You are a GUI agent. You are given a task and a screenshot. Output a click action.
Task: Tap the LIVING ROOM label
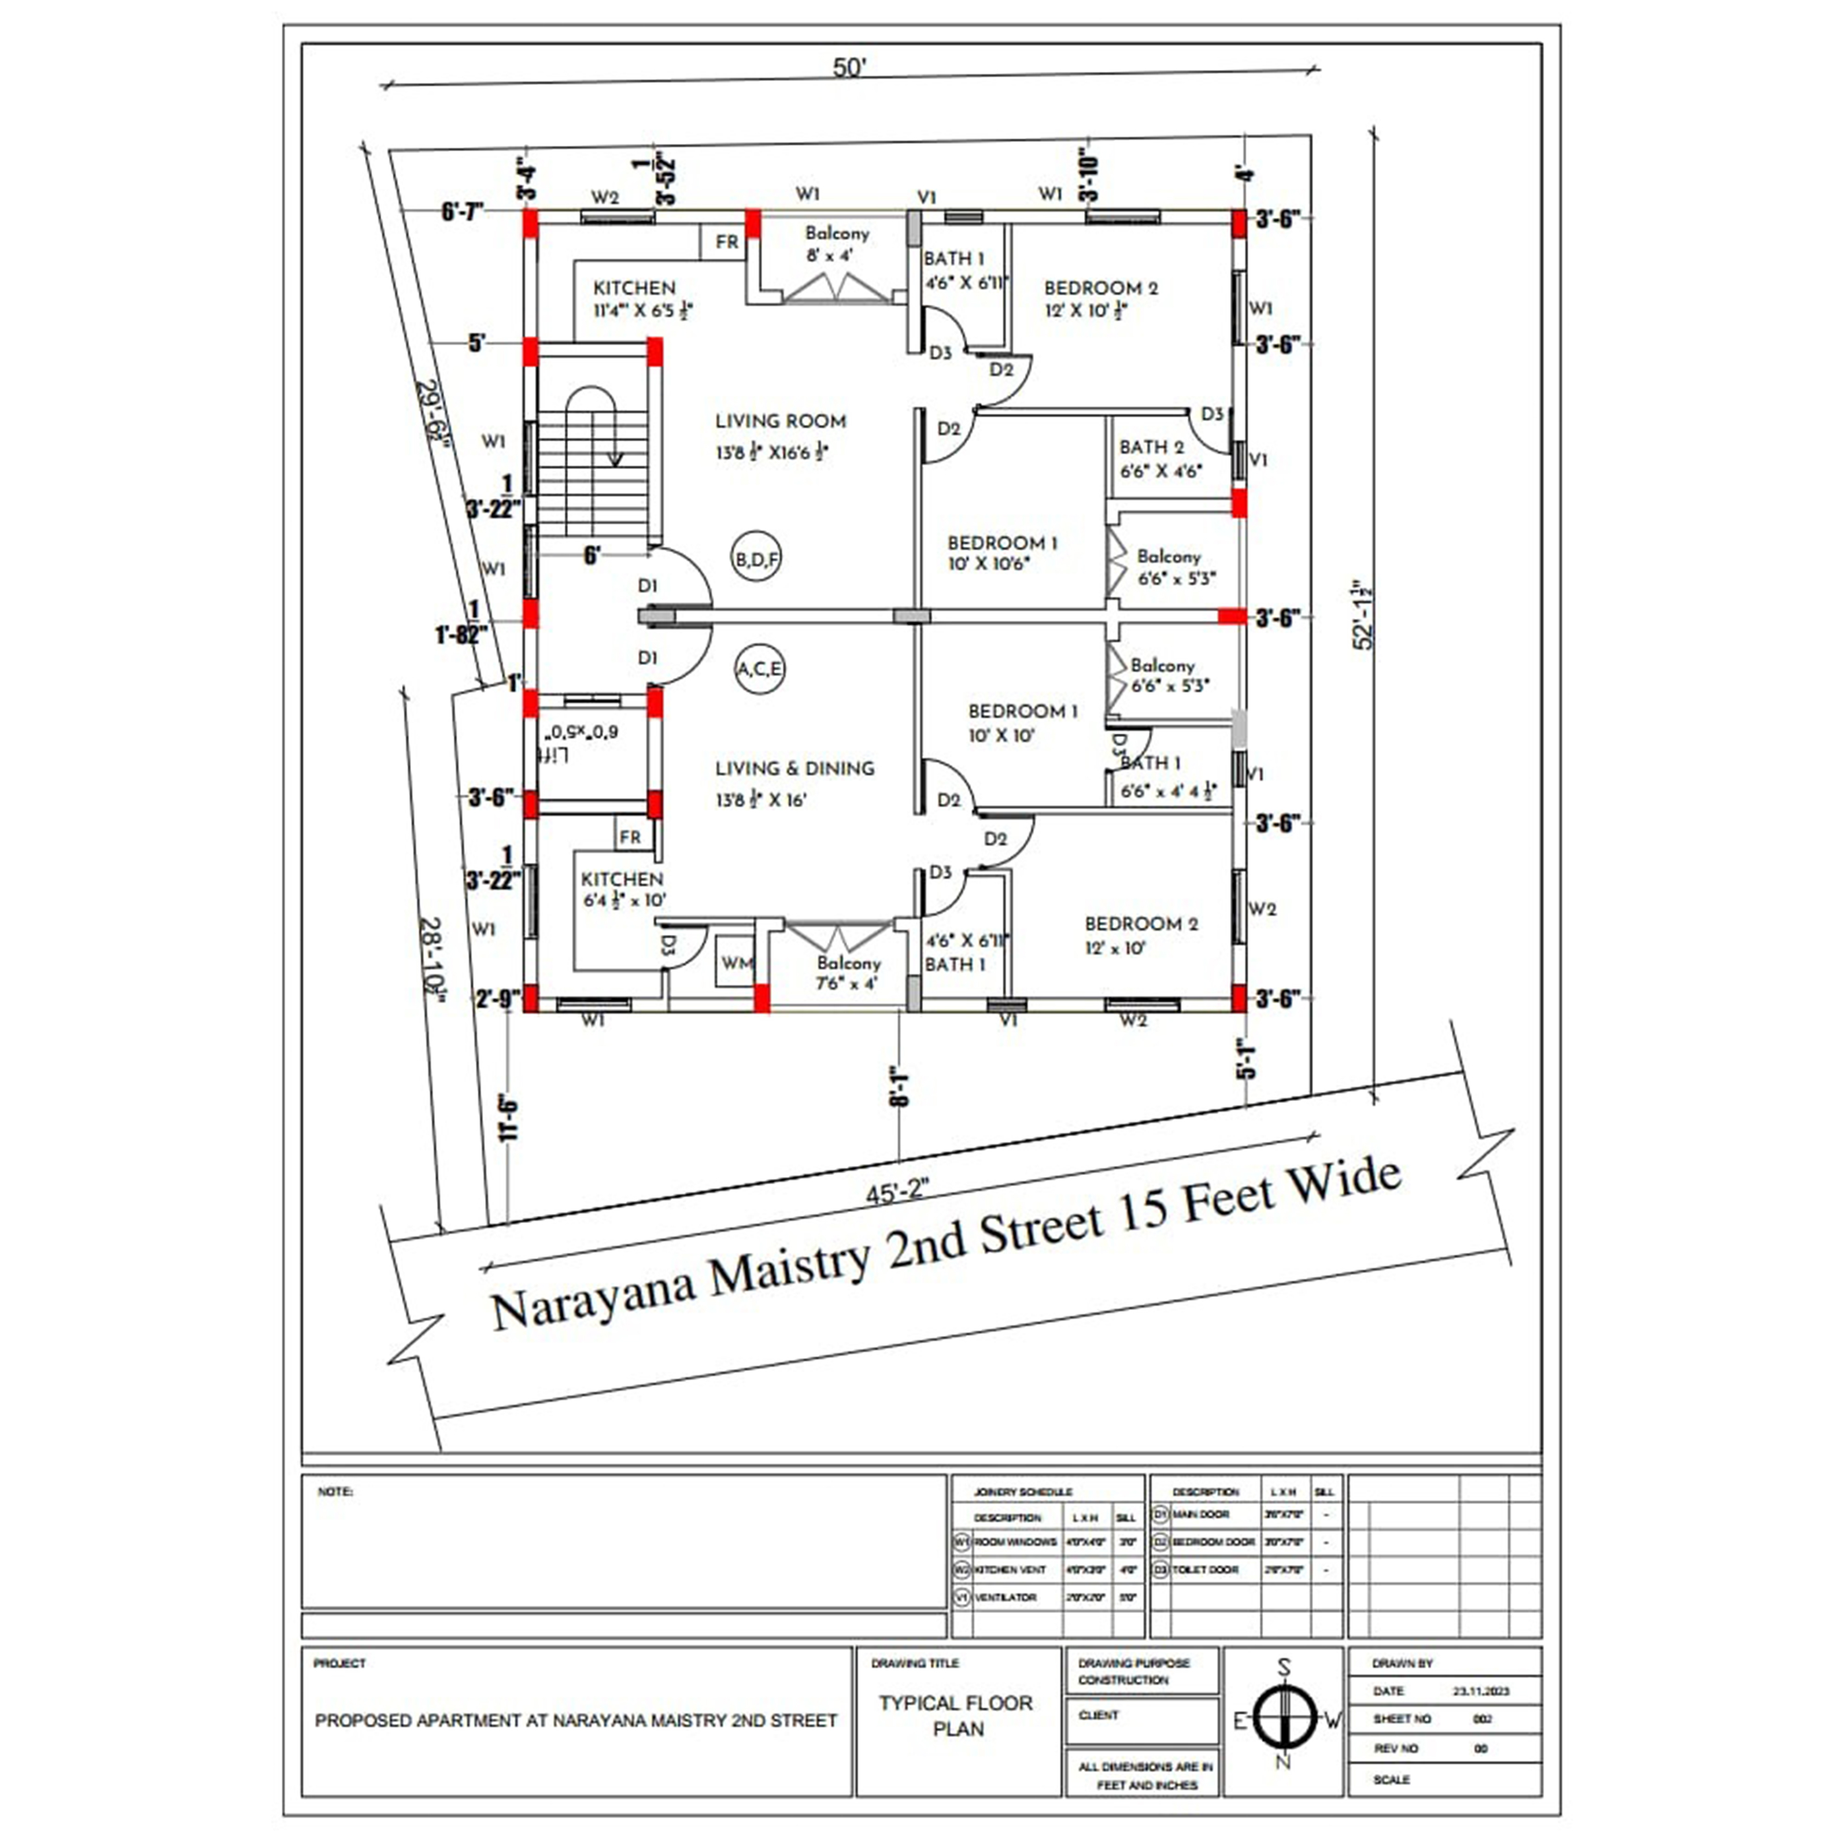pyautogui.click(x=780, y=421)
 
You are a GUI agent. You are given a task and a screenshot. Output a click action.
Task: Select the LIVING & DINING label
pyautogui.click(x=794, y=769)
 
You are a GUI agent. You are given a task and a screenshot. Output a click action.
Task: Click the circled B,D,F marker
pyautogui.click(x=756, y=559)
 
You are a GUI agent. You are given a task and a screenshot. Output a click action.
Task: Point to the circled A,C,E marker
pyautogui.click(x=760, y=668)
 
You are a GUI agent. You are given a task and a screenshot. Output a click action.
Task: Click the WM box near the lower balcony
pyautogui.click(x=736, y=963)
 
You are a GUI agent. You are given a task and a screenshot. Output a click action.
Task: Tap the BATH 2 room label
pyautogui.click(x=1151, y=447)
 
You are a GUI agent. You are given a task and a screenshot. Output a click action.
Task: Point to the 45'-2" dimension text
pyautogui.click(x=897, y=1191)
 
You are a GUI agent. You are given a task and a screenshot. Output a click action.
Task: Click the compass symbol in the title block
pyautogui.click(x=1284, y=1719)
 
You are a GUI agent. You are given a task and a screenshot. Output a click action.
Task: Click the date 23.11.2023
pyautogui.click(x=1481, y=1690)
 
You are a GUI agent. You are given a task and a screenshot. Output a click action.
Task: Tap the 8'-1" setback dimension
pyautogui.click(x=897, y=1086)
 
